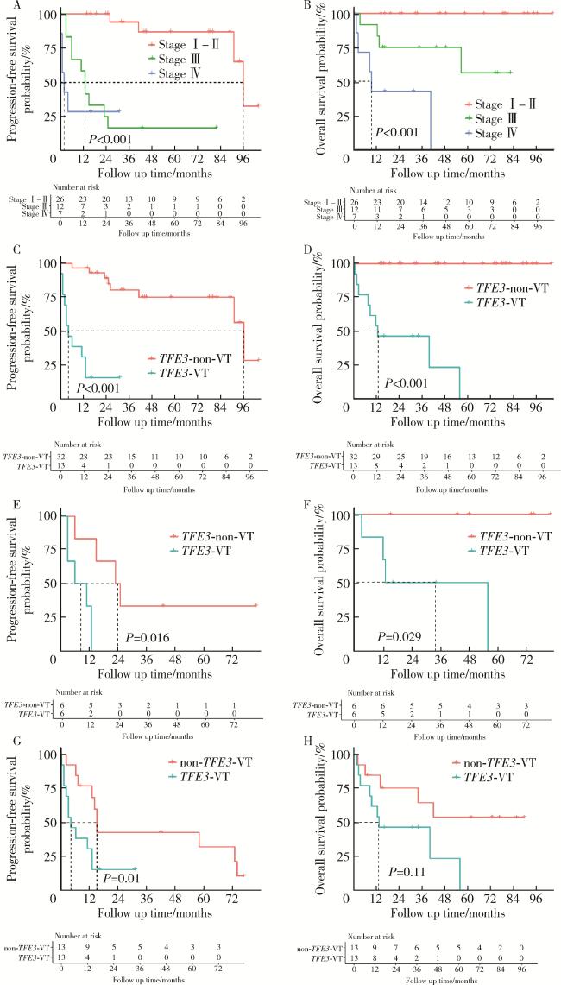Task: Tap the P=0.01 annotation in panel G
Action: tap(121, 880)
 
